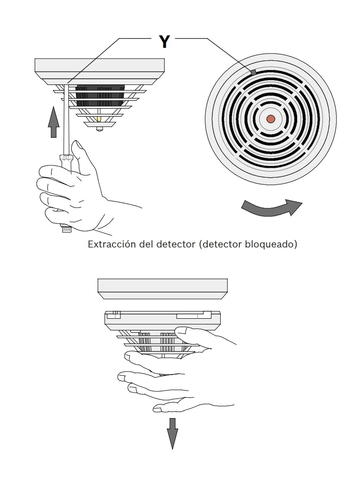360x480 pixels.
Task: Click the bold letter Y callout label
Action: pos(164,42)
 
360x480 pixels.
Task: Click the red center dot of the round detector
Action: pos(270,119)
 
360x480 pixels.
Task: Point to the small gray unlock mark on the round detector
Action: pos(253,72)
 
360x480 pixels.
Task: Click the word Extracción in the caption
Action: pos(112,245)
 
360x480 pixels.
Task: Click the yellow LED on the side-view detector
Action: pos(99,120)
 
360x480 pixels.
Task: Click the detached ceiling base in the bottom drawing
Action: pos(162,287)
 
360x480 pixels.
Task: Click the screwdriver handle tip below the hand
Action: pos(66,230)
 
